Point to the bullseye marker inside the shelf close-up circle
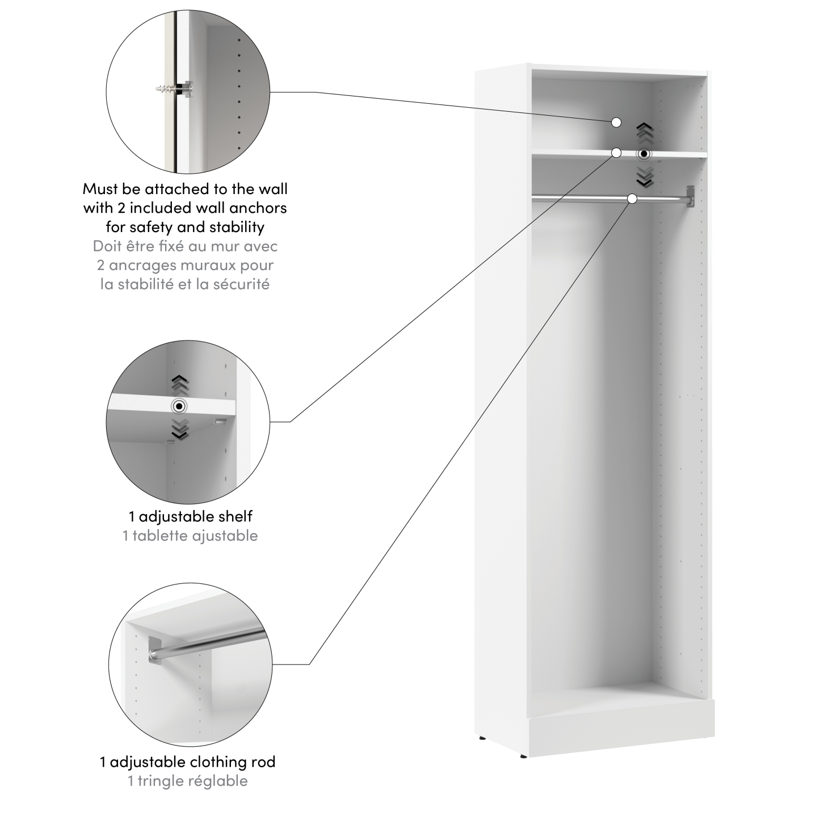[x=180, y=406]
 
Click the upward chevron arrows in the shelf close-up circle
[x=180, y=384]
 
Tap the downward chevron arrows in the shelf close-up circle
[x=180, y=429]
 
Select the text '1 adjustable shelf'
[x=190, y=516]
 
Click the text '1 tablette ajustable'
[x=190, y=536]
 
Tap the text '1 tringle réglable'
[x=188, y=781]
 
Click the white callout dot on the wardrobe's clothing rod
[x=632, y=199]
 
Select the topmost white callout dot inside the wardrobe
[x=617, y=122]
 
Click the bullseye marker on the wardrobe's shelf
[x=644, y=154]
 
